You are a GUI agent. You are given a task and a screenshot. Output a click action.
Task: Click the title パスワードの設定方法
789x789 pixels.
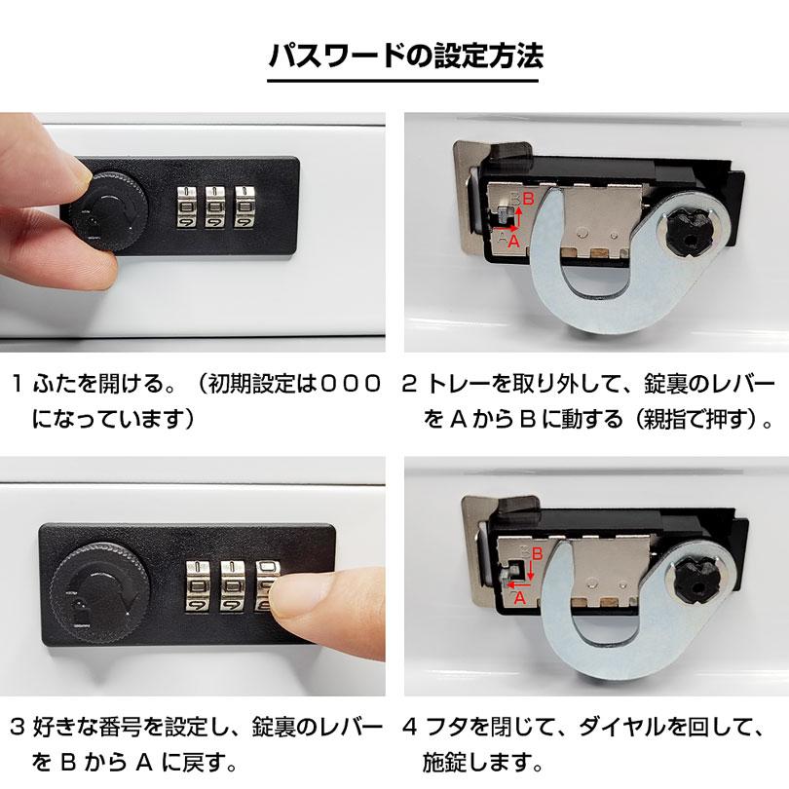tap(394, 54)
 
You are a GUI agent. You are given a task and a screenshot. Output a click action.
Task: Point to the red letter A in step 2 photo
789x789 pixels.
tap(514, 243)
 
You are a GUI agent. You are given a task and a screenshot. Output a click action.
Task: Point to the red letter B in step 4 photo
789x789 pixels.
tap(525, 551)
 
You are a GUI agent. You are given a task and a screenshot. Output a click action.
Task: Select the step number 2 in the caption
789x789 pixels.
tap(409, 383)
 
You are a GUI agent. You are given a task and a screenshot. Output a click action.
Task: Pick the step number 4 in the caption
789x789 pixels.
tap(409, 726)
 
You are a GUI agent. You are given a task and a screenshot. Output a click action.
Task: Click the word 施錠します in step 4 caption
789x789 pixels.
tap(477, 760)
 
